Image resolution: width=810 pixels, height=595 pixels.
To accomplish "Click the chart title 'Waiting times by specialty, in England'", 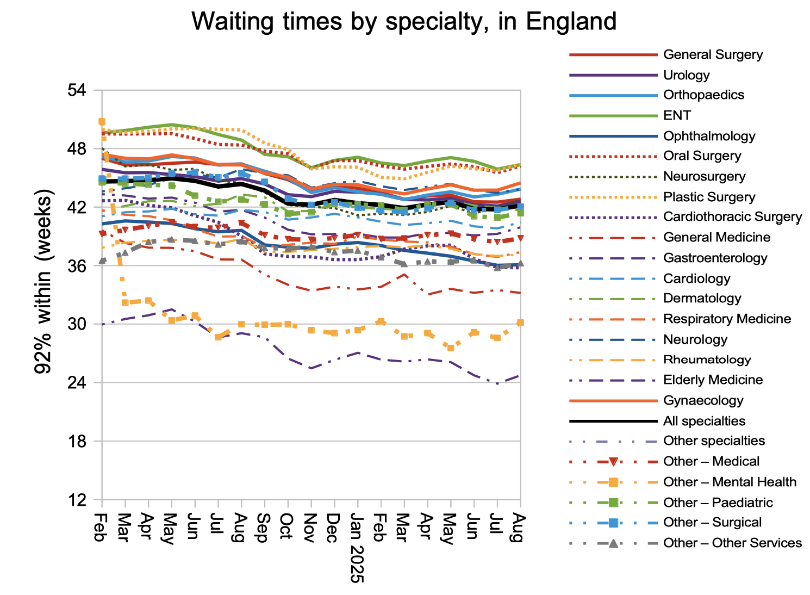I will point(404,22).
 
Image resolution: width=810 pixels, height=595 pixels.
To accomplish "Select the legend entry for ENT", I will point(677,115).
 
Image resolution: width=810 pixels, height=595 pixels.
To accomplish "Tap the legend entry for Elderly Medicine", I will point(713,380).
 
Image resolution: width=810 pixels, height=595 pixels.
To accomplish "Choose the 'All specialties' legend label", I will point(704,421).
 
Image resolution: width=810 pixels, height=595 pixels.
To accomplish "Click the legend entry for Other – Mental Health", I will point(730,482).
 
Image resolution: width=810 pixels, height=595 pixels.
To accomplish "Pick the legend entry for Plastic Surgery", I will point(709,197).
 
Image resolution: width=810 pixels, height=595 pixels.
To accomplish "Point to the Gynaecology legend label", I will point(703,400).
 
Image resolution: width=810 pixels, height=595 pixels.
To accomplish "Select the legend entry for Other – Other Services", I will point(732,543).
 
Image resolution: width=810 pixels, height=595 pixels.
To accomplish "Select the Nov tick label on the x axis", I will point(310,526).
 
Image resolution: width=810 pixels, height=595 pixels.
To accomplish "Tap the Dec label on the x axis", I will point(334,526).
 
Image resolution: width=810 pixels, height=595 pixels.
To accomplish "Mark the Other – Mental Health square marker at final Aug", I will point(520,323).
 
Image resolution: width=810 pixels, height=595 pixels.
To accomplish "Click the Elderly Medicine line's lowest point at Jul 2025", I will point(497,384).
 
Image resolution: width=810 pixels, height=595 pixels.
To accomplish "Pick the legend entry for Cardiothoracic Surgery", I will point(732,216).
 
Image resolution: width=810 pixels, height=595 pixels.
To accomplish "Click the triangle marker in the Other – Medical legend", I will point(613,462).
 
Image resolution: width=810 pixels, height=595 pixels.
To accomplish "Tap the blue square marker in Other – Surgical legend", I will point(613,523).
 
